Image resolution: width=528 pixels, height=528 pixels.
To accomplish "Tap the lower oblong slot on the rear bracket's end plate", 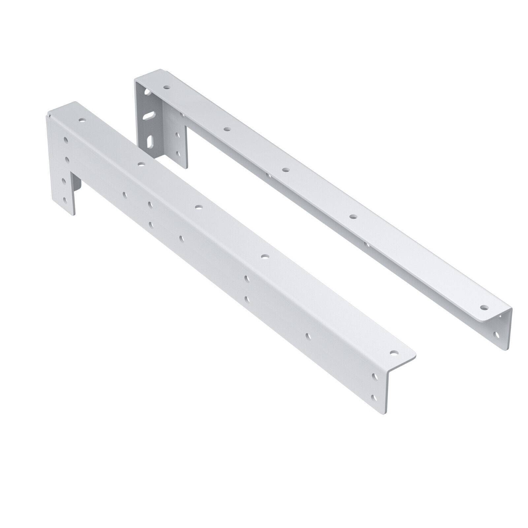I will coord(150,139).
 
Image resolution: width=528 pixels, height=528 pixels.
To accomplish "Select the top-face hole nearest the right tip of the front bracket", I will coord(393,352).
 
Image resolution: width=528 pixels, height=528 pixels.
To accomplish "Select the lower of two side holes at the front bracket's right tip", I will coord(374,398).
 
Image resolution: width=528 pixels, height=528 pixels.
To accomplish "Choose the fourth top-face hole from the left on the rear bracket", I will coord(353,217).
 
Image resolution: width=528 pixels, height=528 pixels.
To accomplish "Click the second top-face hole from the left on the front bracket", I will coord(141,164).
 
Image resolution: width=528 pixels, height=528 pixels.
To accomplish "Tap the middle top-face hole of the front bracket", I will coord(198,207).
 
